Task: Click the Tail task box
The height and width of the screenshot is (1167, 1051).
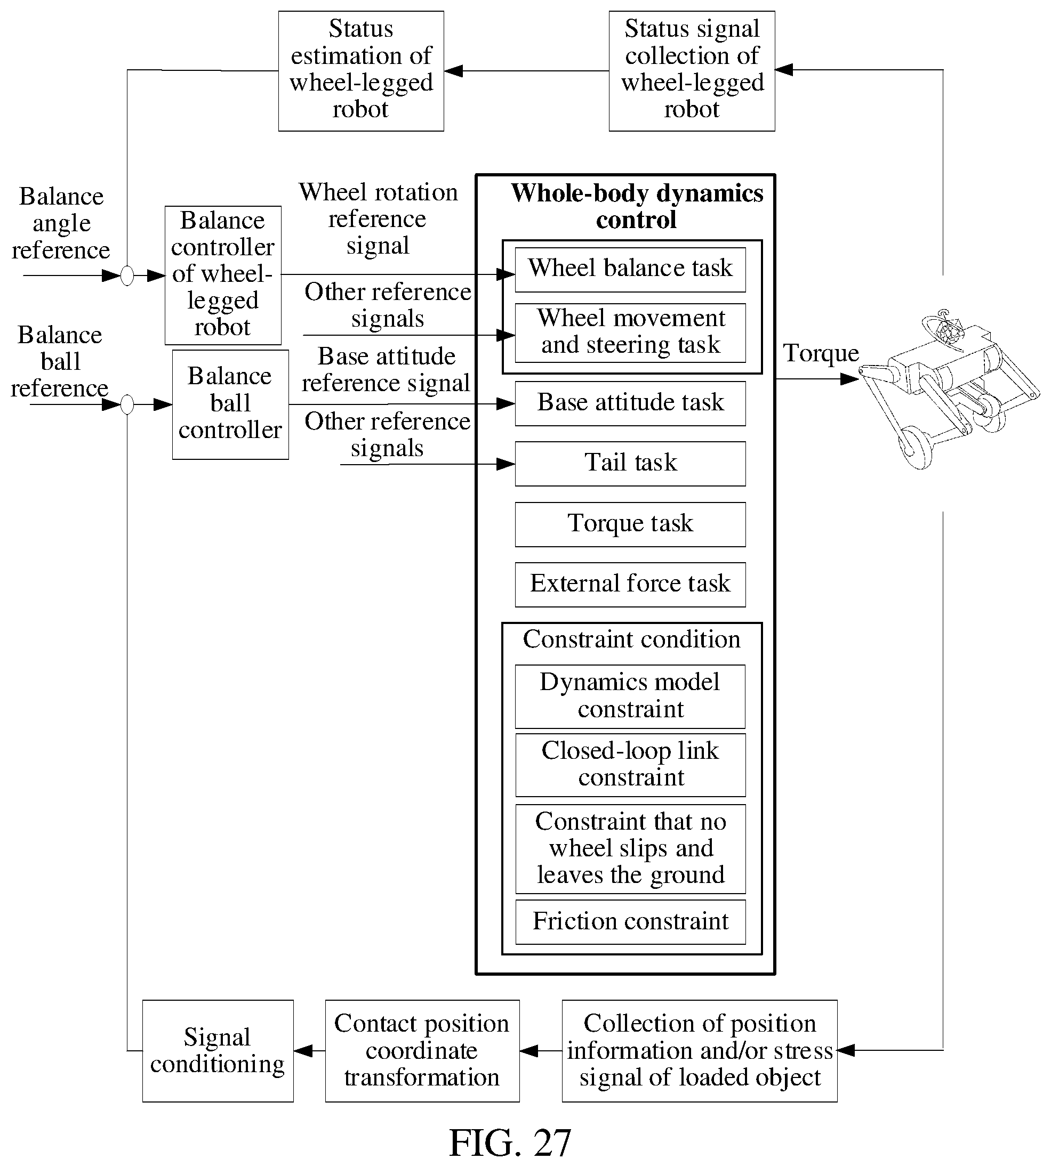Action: pos(630,464)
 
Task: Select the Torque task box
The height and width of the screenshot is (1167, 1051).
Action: pos(630,524)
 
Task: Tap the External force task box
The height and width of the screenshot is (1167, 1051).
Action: pos(630,585)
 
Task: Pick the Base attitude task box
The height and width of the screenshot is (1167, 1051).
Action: pos(630,403)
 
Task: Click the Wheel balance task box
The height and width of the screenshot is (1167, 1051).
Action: pos(630,270)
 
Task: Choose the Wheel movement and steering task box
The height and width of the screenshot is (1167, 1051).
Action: pos(630,333)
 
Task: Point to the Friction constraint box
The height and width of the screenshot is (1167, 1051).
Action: pos(630,922)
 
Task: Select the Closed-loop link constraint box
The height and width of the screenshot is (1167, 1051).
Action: pos(630,765)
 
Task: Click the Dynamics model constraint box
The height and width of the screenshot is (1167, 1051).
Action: pos(630,696)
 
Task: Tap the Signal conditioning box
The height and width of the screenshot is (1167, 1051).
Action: pos(218,1051)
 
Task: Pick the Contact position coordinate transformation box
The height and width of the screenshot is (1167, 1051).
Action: pos(422,1051)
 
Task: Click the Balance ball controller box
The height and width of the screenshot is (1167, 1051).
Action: pos(230,404)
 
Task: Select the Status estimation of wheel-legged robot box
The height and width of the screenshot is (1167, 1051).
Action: pos(361,71)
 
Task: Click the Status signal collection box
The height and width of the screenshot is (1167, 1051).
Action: pos(692,71)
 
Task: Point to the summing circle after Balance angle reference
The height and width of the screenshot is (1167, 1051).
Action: pos(127,276)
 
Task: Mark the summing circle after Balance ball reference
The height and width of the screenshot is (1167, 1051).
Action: pos(127,404)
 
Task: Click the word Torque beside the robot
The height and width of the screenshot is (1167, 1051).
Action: pos(821,353)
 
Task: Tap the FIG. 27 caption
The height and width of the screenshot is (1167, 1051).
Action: pos(510,1143)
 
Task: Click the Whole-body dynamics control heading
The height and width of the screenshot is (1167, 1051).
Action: pos(637,206)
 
